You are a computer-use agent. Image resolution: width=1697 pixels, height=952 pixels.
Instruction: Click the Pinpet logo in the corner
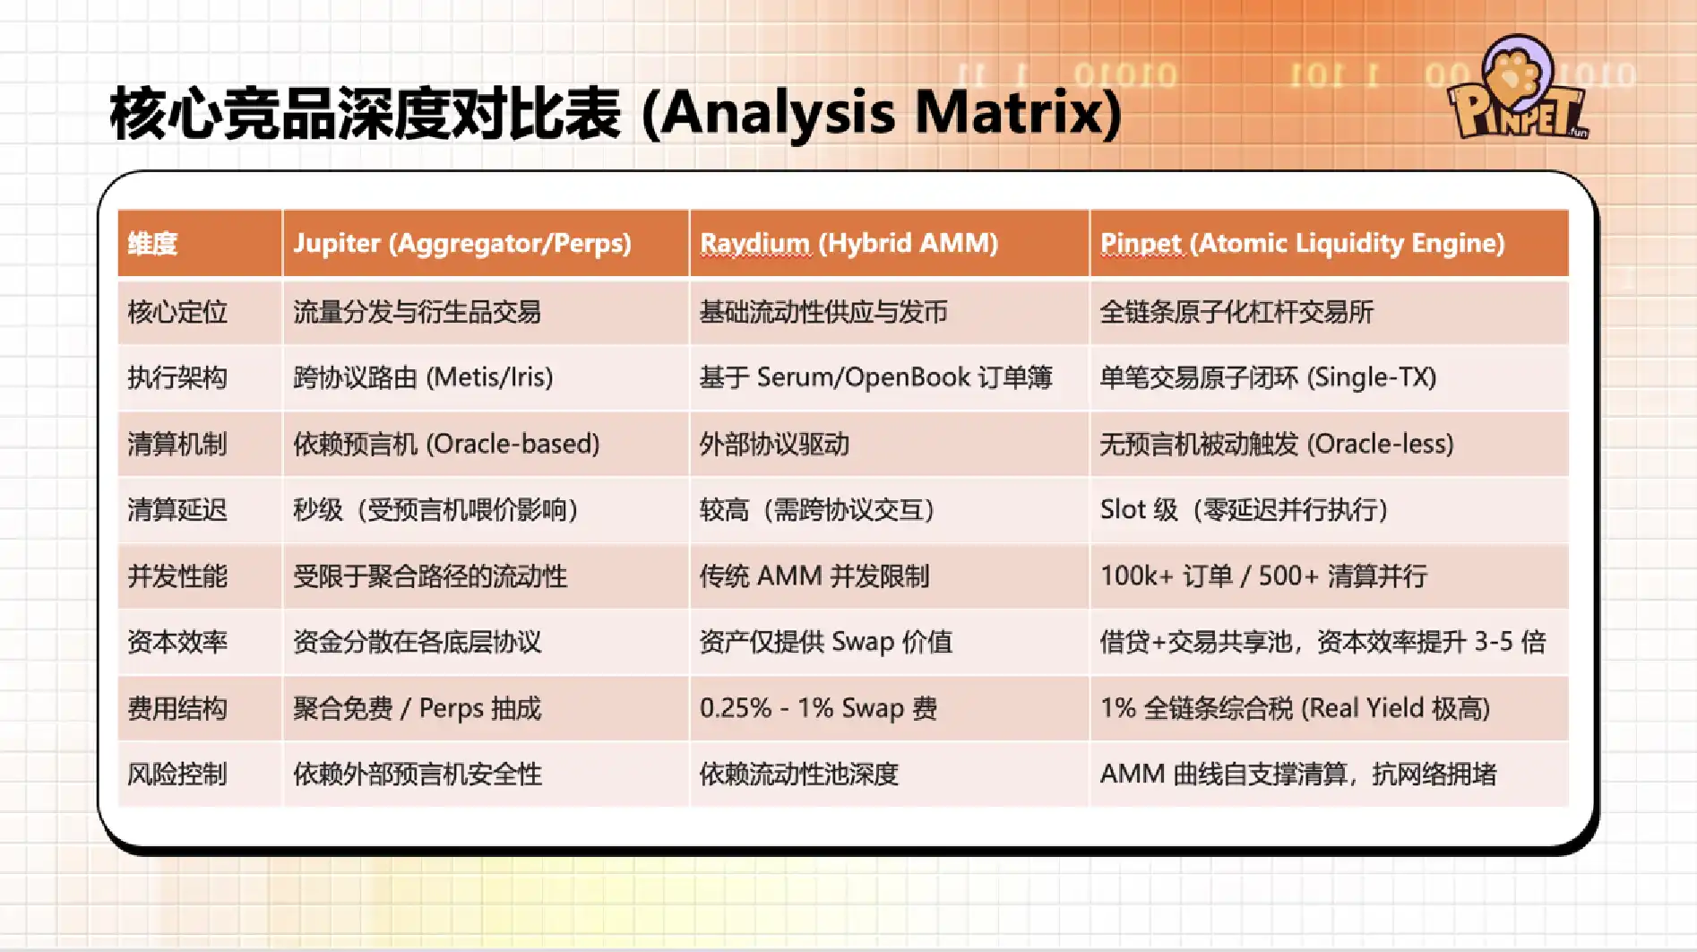point(1518,90)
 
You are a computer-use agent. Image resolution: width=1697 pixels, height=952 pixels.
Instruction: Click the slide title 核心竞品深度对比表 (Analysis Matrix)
point(616,114)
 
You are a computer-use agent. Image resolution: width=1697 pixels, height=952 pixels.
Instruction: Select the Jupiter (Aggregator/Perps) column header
point(462,243)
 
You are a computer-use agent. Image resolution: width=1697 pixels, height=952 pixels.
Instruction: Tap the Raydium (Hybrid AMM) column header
point(848,243)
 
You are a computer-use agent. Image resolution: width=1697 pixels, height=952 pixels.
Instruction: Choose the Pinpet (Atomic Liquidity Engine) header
point(1303,243)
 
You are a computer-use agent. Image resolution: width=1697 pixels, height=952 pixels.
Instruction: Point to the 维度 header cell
point(152,244)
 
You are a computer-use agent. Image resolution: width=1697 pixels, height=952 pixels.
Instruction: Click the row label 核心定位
point(177,312)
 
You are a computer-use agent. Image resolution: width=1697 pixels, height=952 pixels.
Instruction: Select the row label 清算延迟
point(177,510)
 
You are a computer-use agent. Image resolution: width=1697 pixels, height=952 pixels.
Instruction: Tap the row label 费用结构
point(177,708)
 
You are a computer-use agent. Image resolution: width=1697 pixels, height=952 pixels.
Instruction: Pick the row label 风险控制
point(177,774)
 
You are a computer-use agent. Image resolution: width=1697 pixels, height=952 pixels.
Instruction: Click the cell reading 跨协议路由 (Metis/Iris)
point(423,377)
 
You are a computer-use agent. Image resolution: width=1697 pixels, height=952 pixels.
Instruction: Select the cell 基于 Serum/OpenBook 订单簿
point(875,377)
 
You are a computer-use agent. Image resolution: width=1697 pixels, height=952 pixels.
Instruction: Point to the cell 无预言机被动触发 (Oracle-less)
point(1277,444)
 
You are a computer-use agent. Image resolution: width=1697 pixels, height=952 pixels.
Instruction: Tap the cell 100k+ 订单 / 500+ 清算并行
point(1263,576)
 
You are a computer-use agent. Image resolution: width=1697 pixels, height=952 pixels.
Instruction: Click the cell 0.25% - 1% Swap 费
point(818,708)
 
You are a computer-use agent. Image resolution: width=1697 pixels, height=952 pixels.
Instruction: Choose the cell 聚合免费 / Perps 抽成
point(418,708)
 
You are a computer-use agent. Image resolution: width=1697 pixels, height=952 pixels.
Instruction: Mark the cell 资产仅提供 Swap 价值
point(825,642)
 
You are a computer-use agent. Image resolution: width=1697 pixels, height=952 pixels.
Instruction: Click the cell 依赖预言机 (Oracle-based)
point(446,444)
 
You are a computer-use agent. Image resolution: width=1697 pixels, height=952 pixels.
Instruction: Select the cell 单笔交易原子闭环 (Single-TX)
point(1268,377)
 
